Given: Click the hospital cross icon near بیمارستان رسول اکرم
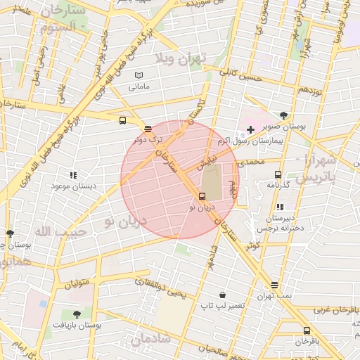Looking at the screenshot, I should point(250,130).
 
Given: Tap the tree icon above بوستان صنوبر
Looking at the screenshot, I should point(283,115).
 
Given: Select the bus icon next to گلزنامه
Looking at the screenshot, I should point(278,174).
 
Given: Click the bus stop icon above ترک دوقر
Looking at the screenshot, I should point(147,129).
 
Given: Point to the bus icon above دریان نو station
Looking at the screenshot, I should point(202,196).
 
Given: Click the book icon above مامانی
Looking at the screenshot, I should point(139,75).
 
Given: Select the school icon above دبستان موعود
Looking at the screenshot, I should point(72,174).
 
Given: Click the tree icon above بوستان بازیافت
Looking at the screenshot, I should point(77,314).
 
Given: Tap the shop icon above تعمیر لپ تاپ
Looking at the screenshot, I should point(222,295).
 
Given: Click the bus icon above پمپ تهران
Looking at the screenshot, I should point(274,285).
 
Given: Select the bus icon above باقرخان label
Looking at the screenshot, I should point(307,330).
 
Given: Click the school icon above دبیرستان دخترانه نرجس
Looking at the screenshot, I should point(280,207).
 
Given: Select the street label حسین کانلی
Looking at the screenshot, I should point(240,75).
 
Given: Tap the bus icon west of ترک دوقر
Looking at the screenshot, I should point(123,120).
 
